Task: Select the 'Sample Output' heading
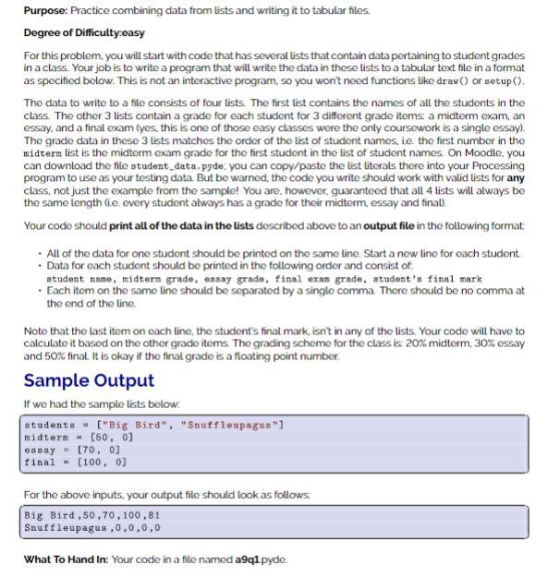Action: [x=89, y=380]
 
